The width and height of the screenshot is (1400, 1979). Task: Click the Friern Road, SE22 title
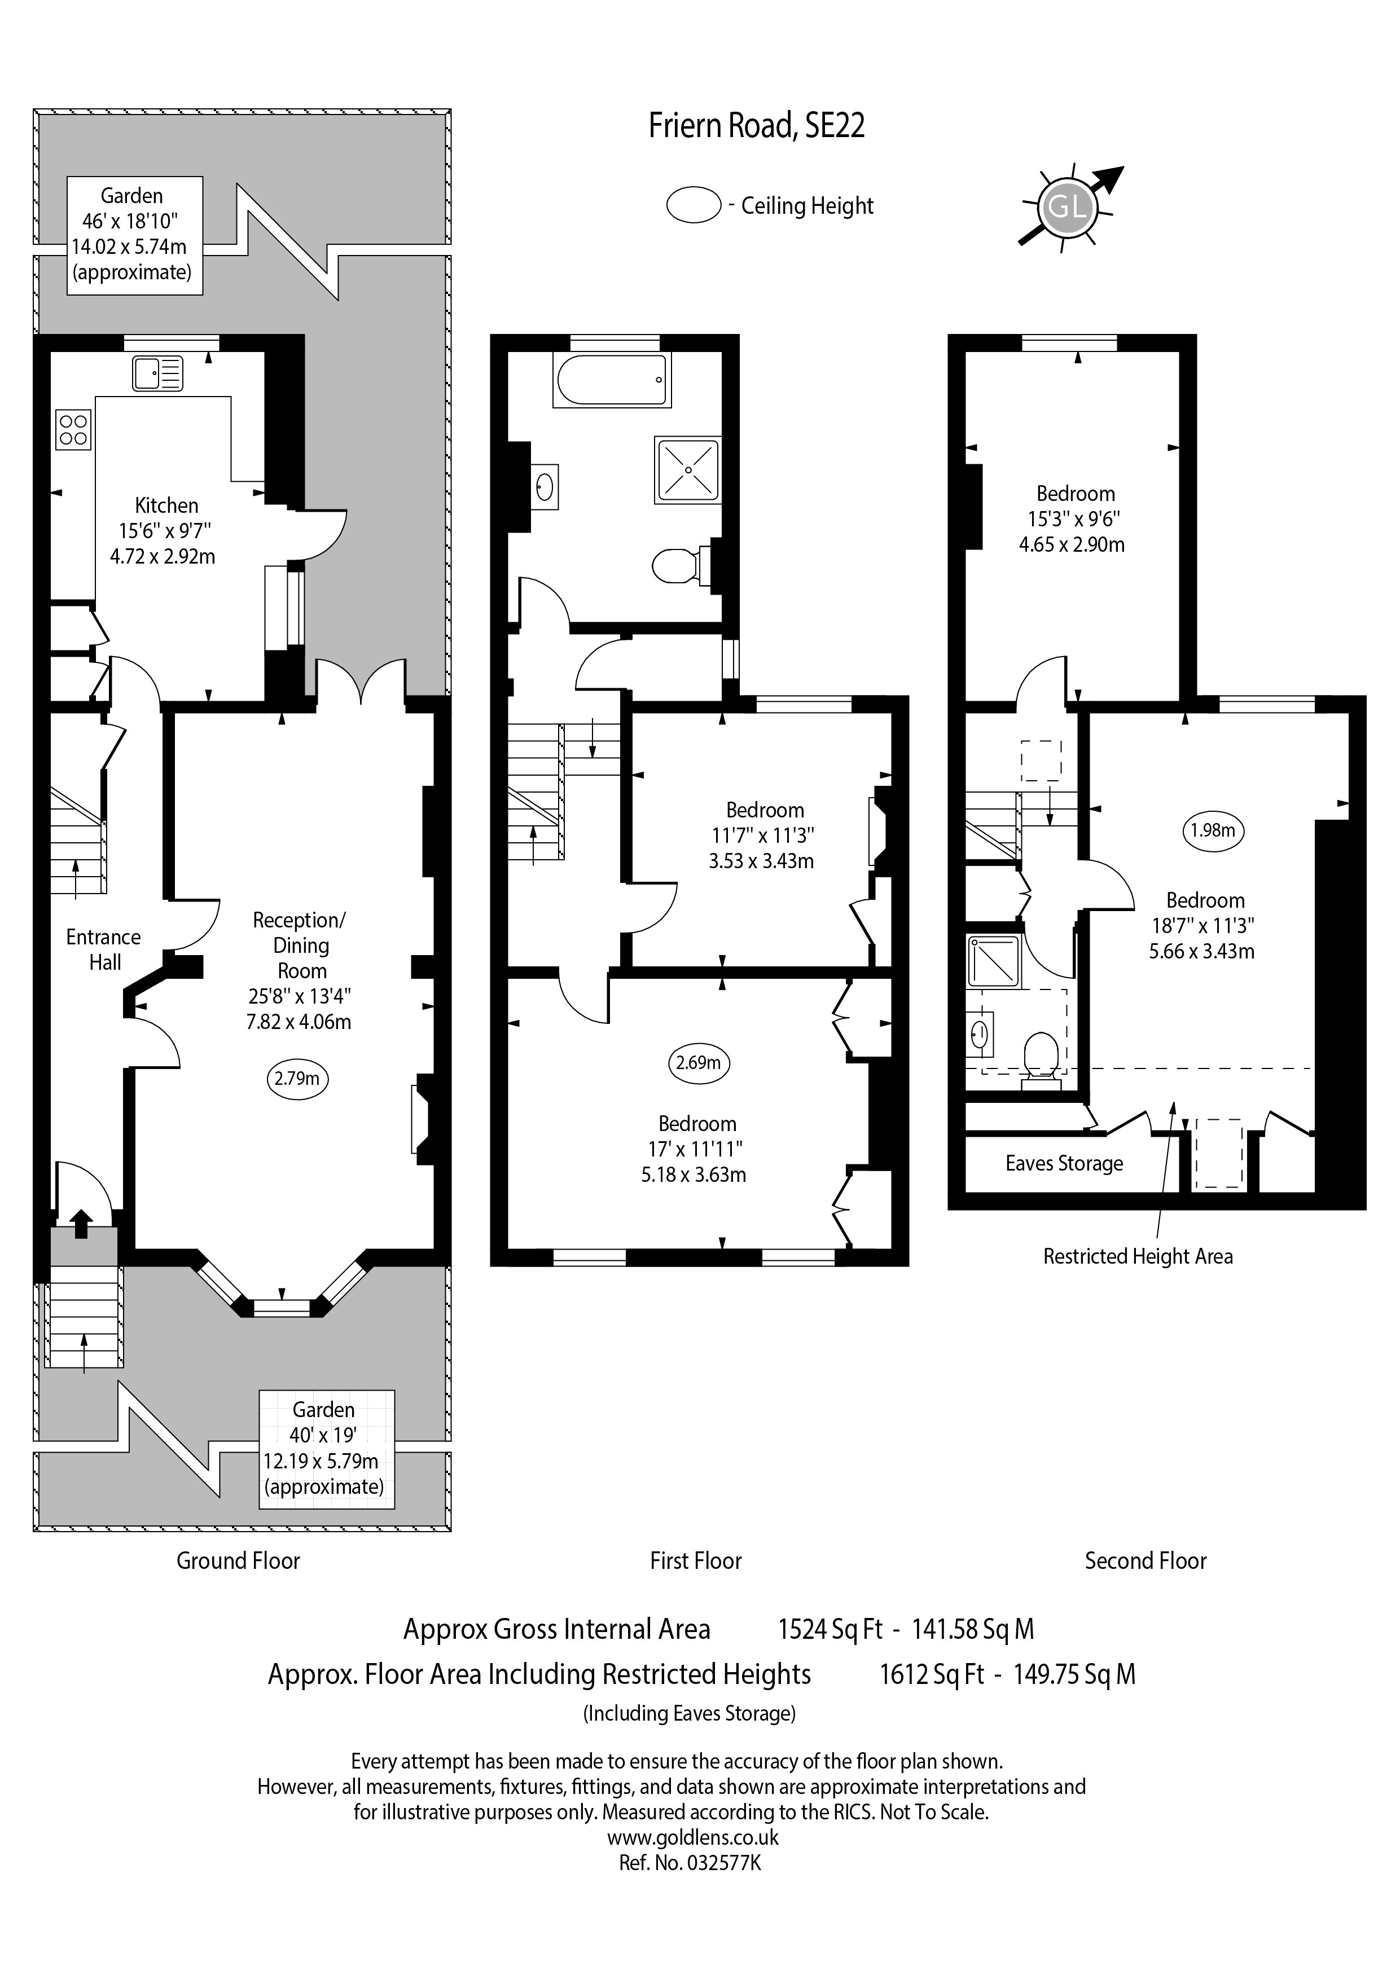pyautogui.click(x=756, y=126)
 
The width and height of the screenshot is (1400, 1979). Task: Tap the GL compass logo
pyautogui.click(x=1068, y=207)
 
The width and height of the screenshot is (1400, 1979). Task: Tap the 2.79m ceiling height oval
pyautogui.click(x=297, y=1078)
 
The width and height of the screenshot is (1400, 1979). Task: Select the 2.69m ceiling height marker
pyautogui.click(x=698, y=1063)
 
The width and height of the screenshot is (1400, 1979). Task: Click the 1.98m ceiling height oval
pyautogui.click(x=1213, y=831)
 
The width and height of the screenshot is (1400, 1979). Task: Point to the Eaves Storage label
pyautogui.click(x=1064, y=1164)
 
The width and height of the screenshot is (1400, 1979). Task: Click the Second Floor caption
pyautogui.click(x=1146, y=1561)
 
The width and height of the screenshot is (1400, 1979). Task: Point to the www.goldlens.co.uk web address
pyautogui.click(x=693, y=1837)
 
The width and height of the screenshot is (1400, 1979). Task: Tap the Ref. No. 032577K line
pyautogui.click(x=690, y=1863)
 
